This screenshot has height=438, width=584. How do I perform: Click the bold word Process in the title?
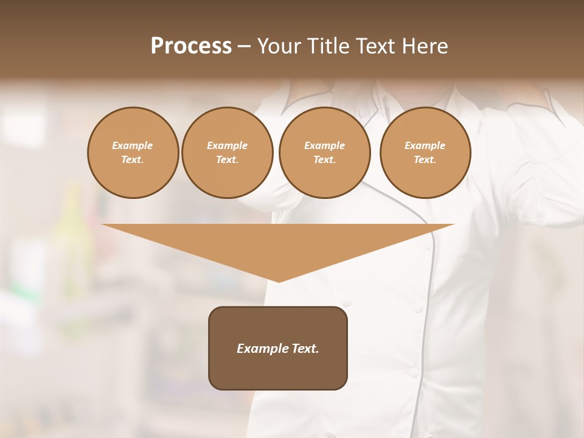[x=191, y=46]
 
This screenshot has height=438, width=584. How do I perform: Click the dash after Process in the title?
[x=244, y=47]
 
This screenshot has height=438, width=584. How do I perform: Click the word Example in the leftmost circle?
[x=133, y=145]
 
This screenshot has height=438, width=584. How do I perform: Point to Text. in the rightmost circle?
[x=425, y=159]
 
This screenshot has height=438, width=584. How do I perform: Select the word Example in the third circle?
[x=324, y=145]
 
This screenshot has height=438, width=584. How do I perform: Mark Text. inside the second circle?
[x=227, y=159]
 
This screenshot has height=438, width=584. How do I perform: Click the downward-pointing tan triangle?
[x=278, y=243]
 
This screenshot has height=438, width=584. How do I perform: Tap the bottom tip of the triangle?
[x=279, y=280]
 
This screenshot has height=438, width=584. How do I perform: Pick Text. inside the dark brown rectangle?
[x=305, y=349]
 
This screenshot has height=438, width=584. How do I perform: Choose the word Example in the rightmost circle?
[x=425, y=145]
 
